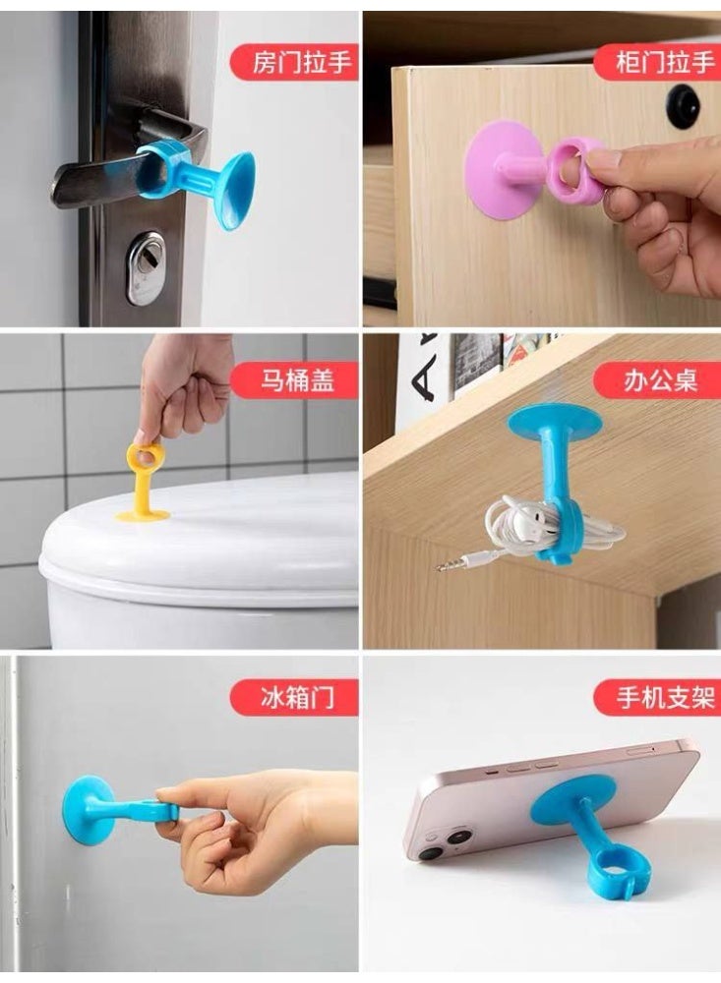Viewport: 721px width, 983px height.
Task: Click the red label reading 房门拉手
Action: click(294, 63)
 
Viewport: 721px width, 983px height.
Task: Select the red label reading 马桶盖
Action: click(294, 380)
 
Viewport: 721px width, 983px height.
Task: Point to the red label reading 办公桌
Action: click(658, 380)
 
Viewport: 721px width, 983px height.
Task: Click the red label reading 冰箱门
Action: click(294, 698)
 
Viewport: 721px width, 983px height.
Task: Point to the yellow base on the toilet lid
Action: click(144, 513)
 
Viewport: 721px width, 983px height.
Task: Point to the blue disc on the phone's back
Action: click(571, 797)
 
